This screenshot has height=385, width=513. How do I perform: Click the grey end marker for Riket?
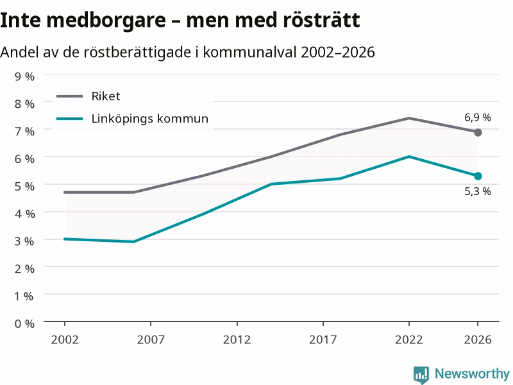click(x=478, y=132)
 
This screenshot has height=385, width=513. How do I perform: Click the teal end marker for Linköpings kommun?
click(x=478, y=176)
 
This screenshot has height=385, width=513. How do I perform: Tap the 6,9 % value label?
click(x=477, y=117)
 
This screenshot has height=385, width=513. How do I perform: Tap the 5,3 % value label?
click(x=477, y=191)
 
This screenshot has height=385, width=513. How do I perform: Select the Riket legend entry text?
click(x=106, y=96)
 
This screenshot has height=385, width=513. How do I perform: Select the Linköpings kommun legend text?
click(x=150, y=119)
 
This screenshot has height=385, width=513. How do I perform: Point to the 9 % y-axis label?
click(x=24, y=76)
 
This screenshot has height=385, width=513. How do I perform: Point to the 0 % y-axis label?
click(x=24, y=323)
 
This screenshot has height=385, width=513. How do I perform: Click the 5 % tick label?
click(x=24, y=186)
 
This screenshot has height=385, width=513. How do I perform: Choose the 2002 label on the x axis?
click(x=65, y=339)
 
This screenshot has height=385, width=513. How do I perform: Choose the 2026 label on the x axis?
click(x=478, y=339)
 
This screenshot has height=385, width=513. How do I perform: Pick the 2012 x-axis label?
click(x=237, y=339)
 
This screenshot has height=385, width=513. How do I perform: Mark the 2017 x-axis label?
click(x=323, y=339)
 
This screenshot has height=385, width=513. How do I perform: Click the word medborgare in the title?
click(x=106, y=21)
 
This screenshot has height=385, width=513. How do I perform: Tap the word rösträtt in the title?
click(x=322, y=20)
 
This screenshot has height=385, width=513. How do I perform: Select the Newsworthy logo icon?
click(x=421, y=375)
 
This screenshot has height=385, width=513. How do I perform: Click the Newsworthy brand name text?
click(x=472, y=373)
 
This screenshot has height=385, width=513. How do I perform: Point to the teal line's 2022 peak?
click(x=409, y=157)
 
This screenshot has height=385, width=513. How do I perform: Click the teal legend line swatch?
click(x=70, y=119)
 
